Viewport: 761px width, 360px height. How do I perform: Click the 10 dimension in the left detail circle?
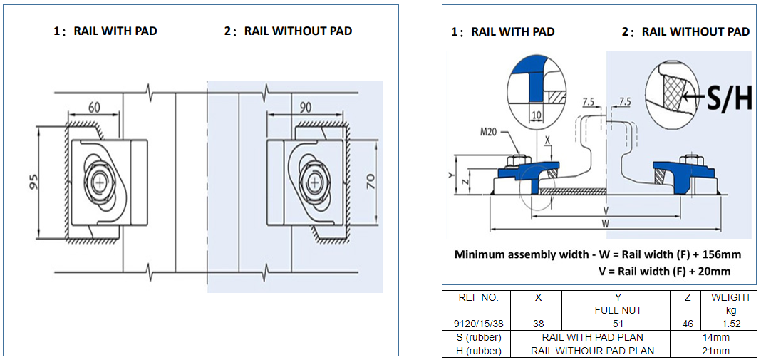(x=537, y=114)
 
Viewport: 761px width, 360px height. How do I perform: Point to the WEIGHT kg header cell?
(x=730, y=303)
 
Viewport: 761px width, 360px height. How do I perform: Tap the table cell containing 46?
(x=687, y=323)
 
